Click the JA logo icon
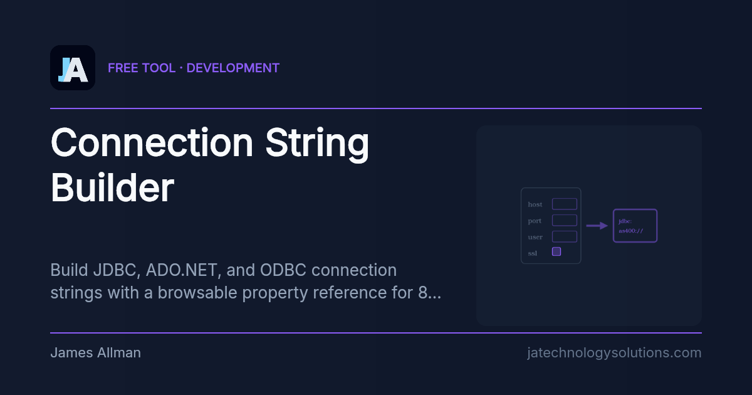pos(73,68)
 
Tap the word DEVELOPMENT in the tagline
pos(233,68)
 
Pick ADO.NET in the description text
pos(184,270)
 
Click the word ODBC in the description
pos(278,270)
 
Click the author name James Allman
pos(95,352)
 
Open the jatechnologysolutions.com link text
pos(614,352)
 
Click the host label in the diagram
pos(535,204)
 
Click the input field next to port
pos(564,220)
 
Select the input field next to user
pos(564,236)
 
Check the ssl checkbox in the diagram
pos(556,251)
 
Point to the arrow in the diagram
pos(597,226)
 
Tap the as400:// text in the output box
pos(630,231)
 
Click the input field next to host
pos(564,204)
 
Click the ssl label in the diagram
pos(533,253)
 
